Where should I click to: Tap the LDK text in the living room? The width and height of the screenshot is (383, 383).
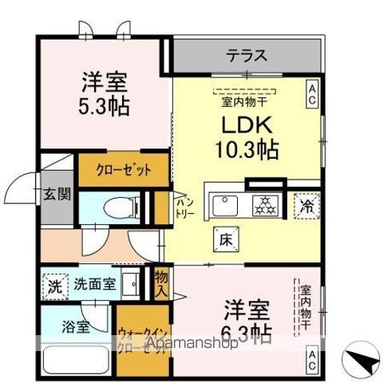click(245, 125)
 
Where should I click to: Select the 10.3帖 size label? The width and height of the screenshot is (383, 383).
click(245, 148)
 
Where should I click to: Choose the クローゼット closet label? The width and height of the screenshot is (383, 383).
click(123, 170)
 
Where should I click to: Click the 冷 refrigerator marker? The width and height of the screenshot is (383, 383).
click(308, 205)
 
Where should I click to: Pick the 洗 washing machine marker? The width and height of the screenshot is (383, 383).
click(54, 283)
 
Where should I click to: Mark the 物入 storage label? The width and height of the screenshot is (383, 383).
click(162, 281)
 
